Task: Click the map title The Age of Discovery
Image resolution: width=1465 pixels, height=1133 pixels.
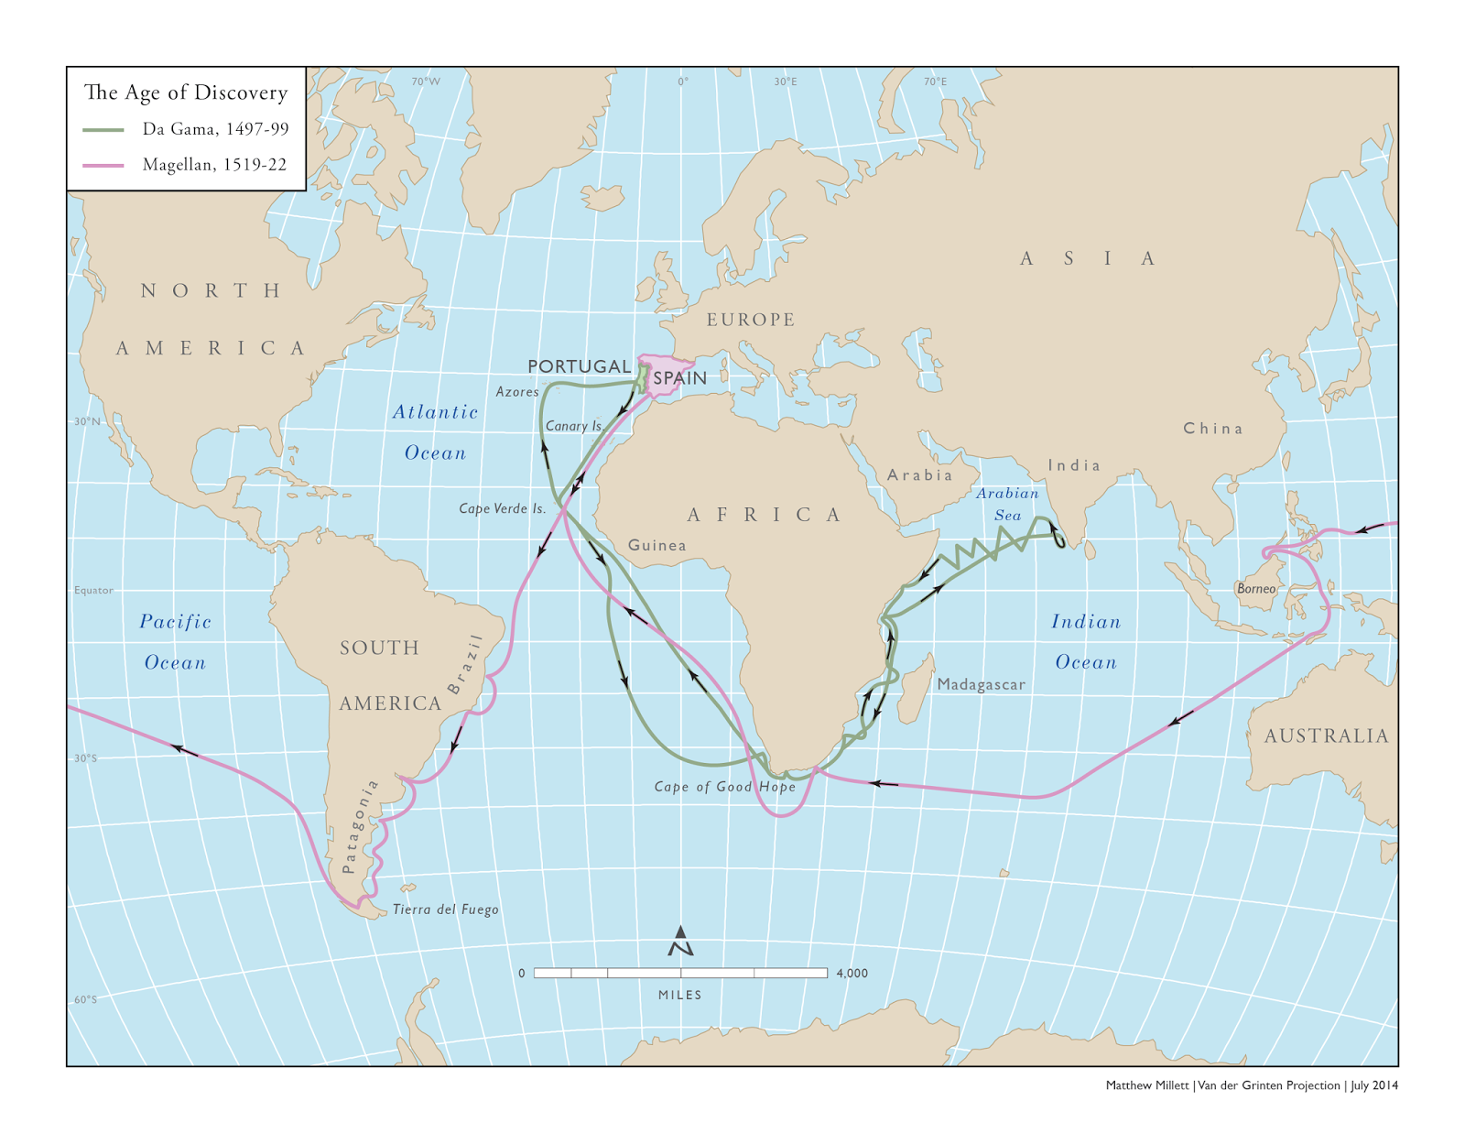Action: [186, 93]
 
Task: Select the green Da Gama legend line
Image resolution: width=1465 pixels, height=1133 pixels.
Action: [103, 129]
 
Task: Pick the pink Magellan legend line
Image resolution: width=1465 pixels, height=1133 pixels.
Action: [103, 165]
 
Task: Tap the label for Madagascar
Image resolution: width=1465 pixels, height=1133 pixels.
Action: [981, 684]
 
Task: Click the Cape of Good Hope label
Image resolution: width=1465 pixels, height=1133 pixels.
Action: [724, 786]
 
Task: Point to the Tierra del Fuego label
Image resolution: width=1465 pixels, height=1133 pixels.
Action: [445, 910]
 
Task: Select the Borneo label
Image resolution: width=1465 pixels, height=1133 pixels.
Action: [1255, 589]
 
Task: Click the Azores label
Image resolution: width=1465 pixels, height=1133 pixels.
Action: [517, 392]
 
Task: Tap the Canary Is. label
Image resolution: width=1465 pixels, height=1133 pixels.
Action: [574, 426]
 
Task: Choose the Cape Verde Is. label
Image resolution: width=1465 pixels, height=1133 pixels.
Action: [502, 508]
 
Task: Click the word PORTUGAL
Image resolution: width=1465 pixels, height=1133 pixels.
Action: [579, 366]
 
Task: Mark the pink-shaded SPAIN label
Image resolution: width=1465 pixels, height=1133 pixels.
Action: [679, 378]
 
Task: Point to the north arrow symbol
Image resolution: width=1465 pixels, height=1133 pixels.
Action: [680, 942]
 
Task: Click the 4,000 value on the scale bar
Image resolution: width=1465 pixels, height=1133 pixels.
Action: [852, 973]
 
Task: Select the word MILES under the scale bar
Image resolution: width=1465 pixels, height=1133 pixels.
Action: [679, 995]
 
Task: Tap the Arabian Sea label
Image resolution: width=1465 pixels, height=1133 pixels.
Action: [1007, 504]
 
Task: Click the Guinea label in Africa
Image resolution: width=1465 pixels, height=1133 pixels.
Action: [657, 545]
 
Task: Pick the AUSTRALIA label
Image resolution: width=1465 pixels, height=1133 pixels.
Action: [1326, 735]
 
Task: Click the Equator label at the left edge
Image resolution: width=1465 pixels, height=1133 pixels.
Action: [93, 590]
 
